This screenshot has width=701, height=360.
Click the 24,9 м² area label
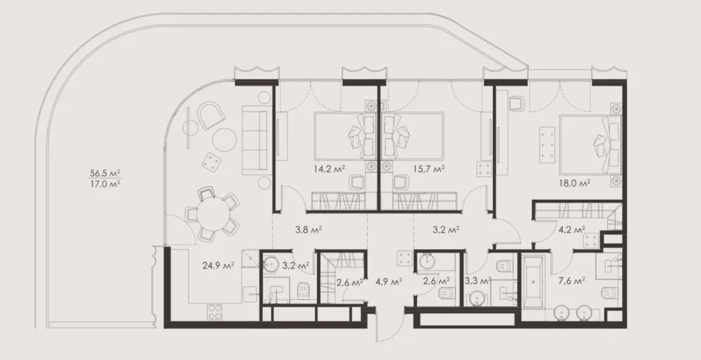click(218, 266)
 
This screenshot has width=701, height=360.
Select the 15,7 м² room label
click(429, 168)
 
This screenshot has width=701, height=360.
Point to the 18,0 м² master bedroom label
click(574, 183)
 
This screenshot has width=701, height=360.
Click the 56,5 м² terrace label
click(105, 172)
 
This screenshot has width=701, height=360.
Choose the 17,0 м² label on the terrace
click(105, 183)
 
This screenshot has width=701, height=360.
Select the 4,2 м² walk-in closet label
click(572, 230)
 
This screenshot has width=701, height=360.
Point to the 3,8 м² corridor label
click(309, 229)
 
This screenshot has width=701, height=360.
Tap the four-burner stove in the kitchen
click(214, 311)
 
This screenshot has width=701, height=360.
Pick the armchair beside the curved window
click(211, 116)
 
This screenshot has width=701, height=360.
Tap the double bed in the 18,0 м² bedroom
click(590, 144)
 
